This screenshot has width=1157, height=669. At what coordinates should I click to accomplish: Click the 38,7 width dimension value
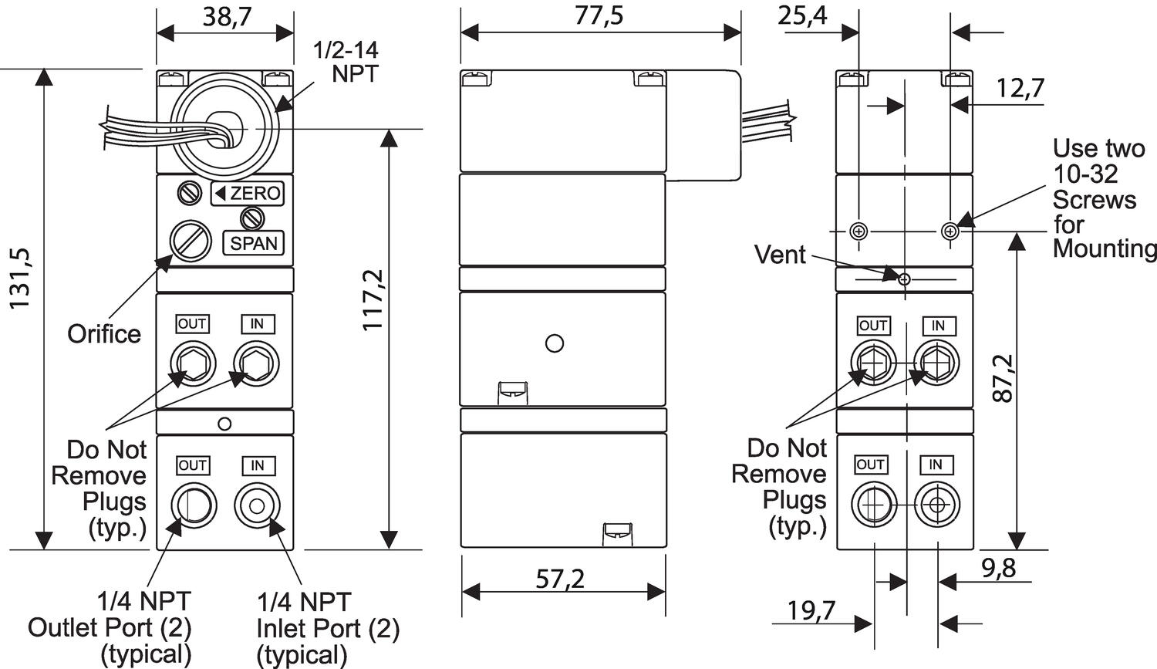[228, 16]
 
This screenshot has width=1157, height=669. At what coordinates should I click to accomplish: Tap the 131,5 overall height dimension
[21, 279]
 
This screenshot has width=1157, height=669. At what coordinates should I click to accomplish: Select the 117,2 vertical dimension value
[372, 299]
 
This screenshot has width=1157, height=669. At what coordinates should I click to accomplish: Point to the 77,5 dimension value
[599, 15]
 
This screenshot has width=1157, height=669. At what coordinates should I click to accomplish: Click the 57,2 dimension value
[560, 579]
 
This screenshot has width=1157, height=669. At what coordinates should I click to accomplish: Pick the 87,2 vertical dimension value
[1003, 378]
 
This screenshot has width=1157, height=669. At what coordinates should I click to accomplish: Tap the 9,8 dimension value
[998, 568]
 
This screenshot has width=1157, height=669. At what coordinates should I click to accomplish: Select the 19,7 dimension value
[811, 610]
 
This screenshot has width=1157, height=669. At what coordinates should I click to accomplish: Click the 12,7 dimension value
[1020, 88]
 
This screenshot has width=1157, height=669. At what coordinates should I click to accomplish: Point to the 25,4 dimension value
[802, 15]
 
